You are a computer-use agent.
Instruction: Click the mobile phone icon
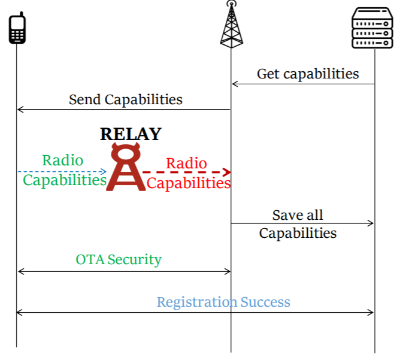17,29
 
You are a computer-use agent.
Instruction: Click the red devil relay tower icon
126,169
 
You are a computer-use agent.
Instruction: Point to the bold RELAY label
131,134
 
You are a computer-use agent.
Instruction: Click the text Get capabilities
308,74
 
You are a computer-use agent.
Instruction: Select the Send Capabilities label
126,99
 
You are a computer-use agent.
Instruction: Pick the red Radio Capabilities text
188,173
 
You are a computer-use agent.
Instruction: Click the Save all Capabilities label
298,223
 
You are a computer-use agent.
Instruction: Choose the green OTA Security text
119,259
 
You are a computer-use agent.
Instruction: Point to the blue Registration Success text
223,302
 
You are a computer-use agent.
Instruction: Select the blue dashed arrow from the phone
60,172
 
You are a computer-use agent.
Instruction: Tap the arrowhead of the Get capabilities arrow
235,84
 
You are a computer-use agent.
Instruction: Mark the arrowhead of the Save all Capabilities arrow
371,223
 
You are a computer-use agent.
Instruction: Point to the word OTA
89,259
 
